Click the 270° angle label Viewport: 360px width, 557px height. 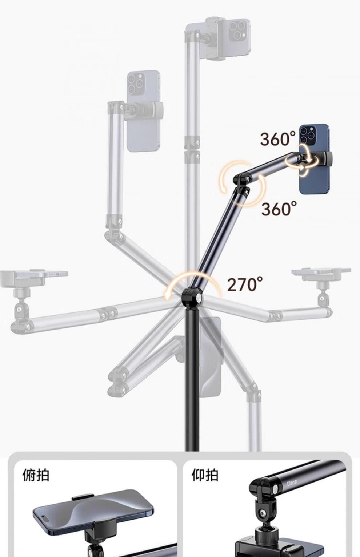pos(245,284)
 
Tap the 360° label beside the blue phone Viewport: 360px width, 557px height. pos(278,138)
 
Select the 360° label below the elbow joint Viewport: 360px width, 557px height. pos(279,209)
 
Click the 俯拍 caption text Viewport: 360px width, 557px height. pos(36,475)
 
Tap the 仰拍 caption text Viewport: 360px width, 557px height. pos(205,475)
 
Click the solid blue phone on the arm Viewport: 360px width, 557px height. pos(314,159)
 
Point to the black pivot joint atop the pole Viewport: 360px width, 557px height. pos(192,298)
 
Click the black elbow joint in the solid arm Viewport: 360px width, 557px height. pos(242,183)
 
